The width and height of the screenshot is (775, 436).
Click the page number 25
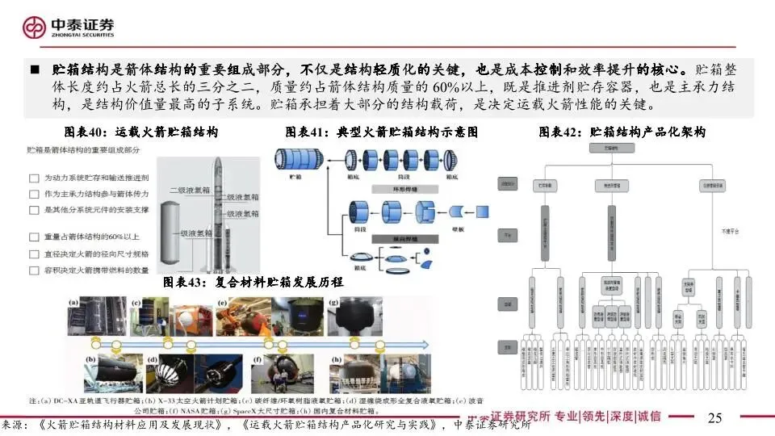[x=714, y=417]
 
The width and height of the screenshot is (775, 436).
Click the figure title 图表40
[x=140, y=132]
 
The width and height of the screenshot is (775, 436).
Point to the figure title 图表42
[x=622, y=132]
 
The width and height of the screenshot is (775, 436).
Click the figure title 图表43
[x=253, y=283]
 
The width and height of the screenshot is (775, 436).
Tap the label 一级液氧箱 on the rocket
[x=195, y=233]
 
